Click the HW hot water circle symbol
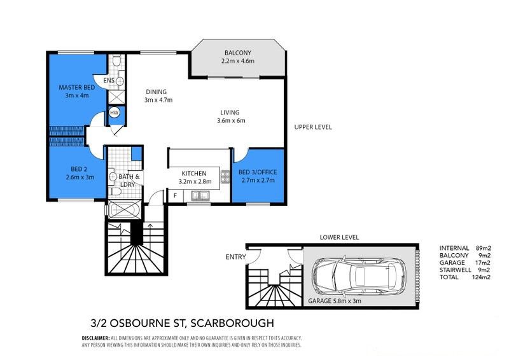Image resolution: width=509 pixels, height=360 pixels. pos(114,113)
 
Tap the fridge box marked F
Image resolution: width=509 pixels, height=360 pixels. pos(175,196)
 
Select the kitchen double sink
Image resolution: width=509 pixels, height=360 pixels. pos(200,196)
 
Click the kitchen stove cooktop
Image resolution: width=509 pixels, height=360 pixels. pos(225,177)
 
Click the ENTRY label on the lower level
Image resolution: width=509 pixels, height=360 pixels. pos(235,257)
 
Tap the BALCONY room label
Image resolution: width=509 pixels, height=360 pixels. pos(238,53)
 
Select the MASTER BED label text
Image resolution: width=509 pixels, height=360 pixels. pos(77,87)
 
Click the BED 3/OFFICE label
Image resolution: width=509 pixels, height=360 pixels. pos(258,172)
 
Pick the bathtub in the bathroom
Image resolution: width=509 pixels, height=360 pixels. pos(124,209)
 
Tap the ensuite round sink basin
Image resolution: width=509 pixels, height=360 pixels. pos(120,81)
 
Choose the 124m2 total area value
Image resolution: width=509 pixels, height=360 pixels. pos(481,277)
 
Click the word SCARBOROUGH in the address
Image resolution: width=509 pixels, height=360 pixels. pos(232,323)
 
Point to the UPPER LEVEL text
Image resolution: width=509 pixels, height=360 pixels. pos(313,127)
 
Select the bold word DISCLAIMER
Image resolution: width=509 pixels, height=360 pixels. pos(96,338)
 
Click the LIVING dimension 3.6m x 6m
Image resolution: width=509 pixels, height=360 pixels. pos(231,121)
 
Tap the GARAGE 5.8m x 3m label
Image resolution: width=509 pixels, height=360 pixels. pos(335,301)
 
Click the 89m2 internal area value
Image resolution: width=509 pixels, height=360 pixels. pos(483,248)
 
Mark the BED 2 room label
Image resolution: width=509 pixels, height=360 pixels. pos(79,169)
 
